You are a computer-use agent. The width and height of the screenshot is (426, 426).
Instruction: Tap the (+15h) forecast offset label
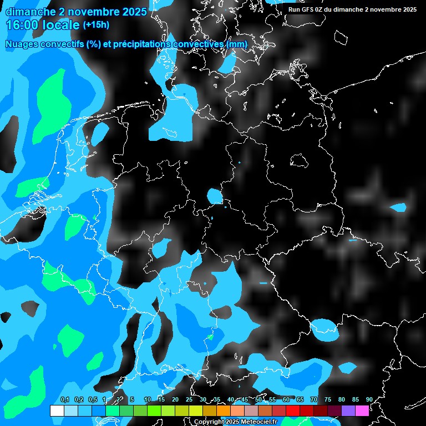tap(96, 25)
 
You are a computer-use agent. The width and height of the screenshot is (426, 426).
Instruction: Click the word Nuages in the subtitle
tap(22, 44)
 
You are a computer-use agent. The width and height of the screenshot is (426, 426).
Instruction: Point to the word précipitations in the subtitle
tap(143, 44)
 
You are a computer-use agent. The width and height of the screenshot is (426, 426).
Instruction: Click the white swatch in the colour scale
tap(57, 410)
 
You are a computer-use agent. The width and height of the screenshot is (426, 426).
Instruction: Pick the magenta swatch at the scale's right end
tap(362, 410)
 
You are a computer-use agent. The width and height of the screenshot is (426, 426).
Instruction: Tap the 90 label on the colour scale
tap(369, 399)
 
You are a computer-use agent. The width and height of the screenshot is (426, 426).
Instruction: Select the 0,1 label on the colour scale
tap(64, 399)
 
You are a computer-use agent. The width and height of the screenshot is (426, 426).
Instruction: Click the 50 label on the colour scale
tap(258, 399)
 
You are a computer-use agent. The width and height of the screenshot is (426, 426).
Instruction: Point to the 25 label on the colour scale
tap(189, 399)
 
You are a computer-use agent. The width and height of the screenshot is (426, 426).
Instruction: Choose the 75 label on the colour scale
tap(328, 399)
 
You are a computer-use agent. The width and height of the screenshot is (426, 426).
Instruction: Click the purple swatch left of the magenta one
tap(348, 410)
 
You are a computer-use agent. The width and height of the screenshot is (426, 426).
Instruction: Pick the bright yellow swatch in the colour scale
tap(195, 410)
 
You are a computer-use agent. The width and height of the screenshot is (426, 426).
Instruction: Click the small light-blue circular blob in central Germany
tap(214, 196)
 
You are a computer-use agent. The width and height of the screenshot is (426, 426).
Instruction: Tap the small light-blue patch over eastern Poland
tap(398, 208)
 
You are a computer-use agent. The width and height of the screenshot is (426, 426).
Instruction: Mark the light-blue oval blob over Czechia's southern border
tap(324, 328)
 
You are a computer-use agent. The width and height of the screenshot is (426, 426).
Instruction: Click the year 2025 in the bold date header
tap(135, 11)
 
